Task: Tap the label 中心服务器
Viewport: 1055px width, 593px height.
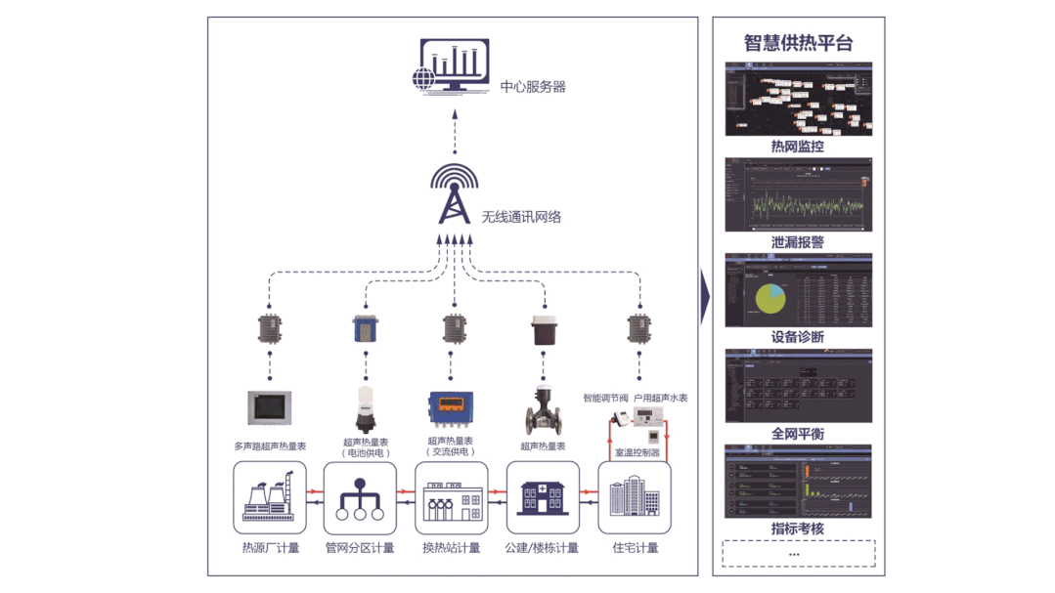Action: [533, 86]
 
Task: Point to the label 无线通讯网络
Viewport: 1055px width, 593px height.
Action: [521, 217]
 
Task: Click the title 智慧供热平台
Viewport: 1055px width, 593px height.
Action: [798, 42]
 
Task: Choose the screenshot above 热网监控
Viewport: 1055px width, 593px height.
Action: [798, 100]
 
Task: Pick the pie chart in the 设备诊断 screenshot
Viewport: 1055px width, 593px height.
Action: [769, 297]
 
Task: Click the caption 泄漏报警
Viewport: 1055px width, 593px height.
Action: [798, 242]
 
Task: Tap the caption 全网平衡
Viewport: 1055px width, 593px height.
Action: [798, 433]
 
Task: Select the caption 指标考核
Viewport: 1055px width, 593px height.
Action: [798, 529]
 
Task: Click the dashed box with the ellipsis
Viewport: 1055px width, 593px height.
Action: [798, 554]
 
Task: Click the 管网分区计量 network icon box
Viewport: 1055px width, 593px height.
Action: [360, 498]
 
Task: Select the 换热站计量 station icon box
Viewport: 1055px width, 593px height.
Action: [451, 498]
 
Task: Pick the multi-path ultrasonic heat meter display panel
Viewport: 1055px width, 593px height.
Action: [270, 406]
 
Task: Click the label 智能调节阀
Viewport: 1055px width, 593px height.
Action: [606, 398]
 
